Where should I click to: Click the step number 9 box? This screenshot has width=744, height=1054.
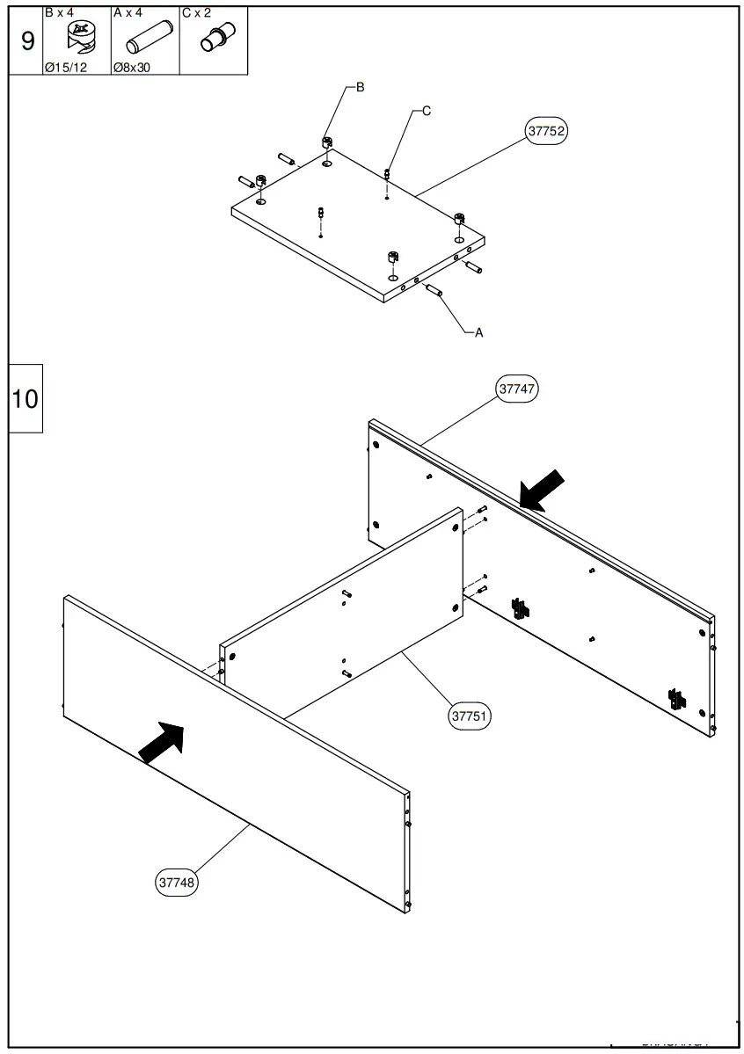26,40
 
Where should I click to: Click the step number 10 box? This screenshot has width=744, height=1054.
26,398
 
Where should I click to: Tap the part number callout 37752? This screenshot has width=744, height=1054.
546,131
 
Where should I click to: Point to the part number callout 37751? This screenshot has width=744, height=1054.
470,716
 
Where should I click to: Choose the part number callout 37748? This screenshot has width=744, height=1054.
177,881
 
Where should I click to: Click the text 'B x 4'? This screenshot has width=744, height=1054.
60,13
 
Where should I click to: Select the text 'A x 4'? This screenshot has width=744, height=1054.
128,13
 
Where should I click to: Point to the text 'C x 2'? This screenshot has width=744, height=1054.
197,13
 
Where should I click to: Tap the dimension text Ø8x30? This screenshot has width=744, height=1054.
132,67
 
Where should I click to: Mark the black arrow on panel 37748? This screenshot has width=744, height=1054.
162,743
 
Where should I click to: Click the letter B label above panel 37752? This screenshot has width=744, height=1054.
360,87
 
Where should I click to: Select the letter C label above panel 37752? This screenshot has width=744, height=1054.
427,111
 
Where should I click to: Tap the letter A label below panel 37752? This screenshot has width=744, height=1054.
478,333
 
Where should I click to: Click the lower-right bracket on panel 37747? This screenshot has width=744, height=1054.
676,699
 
